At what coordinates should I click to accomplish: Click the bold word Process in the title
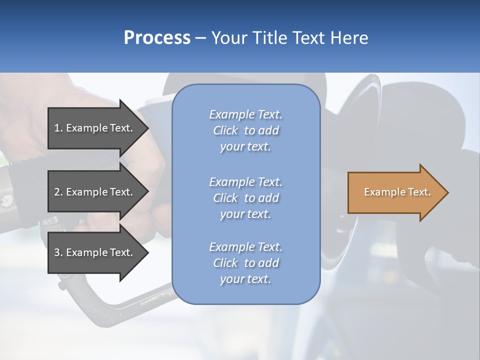point(157,38)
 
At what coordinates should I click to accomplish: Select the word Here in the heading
point(349,38)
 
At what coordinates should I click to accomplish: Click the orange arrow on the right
point(395,192)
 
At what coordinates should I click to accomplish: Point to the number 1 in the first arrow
point(57,128)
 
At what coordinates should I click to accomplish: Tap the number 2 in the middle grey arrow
point(57,192)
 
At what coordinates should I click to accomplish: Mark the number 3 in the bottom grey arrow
point(57,252)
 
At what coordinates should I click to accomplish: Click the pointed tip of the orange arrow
point(446,192)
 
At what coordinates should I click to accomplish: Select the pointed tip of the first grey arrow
point(146,128)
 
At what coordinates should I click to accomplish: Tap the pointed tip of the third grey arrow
point(146,253)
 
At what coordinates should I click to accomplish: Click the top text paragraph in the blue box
point(245,130)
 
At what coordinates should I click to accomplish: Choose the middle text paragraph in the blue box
point(245,198)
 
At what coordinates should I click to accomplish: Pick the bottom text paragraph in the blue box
point(245,263)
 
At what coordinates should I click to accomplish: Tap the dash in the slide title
point(201,38)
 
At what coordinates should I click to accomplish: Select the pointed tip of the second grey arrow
point(146,192)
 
